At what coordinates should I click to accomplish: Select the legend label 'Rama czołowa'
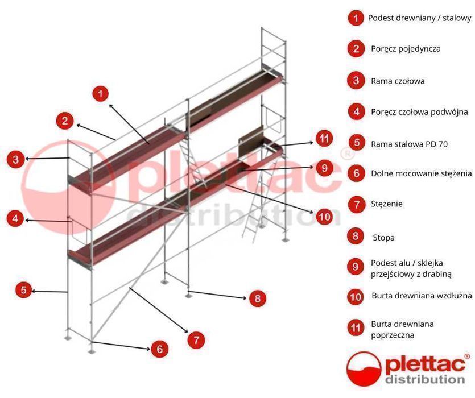coord(398,81)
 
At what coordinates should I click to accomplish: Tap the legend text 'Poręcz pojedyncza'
coord(406,49)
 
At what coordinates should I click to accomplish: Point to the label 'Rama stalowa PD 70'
coord(409,144)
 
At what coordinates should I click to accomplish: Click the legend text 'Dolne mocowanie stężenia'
coord(421,173)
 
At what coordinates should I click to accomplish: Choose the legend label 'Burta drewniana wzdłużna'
coord(422,296)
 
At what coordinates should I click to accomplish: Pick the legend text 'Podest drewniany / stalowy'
coord(419,18)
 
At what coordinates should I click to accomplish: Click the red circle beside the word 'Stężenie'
coord(356,203)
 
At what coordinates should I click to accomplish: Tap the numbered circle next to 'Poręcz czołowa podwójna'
coord(356,111)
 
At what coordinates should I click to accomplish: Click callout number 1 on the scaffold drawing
coord(100,94)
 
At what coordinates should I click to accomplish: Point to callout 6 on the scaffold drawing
coord(159,349)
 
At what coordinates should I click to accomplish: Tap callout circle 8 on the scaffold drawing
coord(257,298)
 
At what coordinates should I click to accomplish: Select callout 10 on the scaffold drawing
coord(324,217)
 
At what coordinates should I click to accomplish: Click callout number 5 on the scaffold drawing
coord(23,290)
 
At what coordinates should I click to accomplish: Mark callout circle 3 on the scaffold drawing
coord(15,159)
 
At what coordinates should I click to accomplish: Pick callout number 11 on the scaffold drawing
coord(324,139)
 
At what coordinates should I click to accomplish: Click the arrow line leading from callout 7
coord(160,310)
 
